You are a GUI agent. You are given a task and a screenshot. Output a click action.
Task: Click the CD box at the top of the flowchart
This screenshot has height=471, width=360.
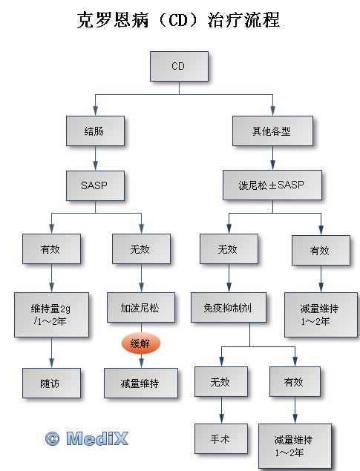tap(179, 66)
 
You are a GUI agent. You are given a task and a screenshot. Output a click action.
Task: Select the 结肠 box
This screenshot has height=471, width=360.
tap(95, 131)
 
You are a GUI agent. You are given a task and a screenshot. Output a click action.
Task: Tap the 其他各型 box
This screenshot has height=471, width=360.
tap(272, 131)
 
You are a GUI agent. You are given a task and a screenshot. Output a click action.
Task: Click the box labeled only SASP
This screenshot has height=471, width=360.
tap(95, 185)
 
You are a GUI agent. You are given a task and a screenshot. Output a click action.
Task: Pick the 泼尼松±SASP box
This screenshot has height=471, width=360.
tap(272, 185)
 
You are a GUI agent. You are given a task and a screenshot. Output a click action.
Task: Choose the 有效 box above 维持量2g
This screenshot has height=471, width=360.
tap(51, 249)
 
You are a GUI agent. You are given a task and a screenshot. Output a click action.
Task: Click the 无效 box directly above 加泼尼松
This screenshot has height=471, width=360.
tap(141, 249)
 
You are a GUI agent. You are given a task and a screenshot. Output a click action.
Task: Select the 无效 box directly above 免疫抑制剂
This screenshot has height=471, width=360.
tap(229, 249)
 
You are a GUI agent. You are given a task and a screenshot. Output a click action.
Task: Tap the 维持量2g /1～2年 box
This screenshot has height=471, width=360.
tap(51, 314)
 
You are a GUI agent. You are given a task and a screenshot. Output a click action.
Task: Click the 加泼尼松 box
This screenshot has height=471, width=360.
tap(141, 308)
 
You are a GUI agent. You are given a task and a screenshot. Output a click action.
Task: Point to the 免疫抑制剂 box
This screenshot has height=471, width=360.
tap(229, 308)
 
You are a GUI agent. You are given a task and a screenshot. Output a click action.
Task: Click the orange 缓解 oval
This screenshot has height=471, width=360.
tap(141, 343)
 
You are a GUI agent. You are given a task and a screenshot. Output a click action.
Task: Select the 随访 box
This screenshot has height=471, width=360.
tap(51, 383)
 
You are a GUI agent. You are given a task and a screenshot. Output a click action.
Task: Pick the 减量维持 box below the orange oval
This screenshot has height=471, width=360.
tap(141, 383)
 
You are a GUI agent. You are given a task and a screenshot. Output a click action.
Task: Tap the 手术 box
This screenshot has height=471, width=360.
tap(221, 439)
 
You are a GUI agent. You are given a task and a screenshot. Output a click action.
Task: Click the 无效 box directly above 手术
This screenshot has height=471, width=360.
tap(221, 382)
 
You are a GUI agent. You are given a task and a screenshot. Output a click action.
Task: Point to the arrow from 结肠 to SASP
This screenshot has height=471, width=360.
tap(95, 158)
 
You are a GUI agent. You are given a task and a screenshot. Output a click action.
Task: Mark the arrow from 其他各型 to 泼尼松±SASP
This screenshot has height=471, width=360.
tap(272, 158)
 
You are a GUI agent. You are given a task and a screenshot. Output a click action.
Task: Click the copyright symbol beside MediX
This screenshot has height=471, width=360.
tap(53, 439)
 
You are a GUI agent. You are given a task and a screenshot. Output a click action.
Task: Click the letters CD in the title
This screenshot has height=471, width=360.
tap(178, 21)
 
